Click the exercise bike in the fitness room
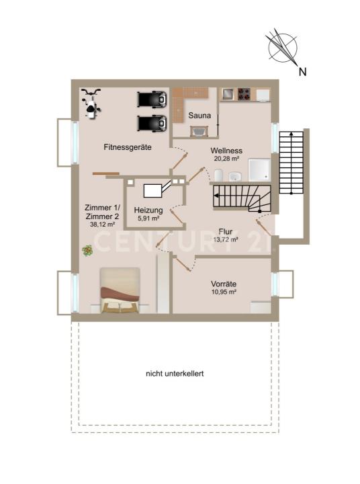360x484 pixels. tap(91, 103)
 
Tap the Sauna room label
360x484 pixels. tap(199, 116)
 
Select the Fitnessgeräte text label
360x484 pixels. tap(128, 147)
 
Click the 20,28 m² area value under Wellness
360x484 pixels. tap(227, 159)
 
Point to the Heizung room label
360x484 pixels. tap(148, 210)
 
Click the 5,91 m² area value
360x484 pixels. tap(148, 218)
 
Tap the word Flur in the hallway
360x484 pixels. tap(226, 231)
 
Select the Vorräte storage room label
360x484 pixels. tap(224, 284)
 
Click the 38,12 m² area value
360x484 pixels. tap(102, 225)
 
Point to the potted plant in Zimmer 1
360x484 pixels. tap(87, 250)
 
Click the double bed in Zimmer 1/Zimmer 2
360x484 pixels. tap(120, 290)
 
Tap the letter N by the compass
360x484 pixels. tap(303, 72)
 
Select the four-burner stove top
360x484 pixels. tap(244, 94)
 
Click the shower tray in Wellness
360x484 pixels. tap(259, 170)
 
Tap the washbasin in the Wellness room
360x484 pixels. tap(235, 176)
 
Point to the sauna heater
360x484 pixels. tap(198, 131)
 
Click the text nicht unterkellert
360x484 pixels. tap(175, 374)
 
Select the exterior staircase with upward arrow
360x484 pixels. tap(291, 163)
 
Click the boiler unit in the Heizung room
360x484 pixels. tap(152, 190)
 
